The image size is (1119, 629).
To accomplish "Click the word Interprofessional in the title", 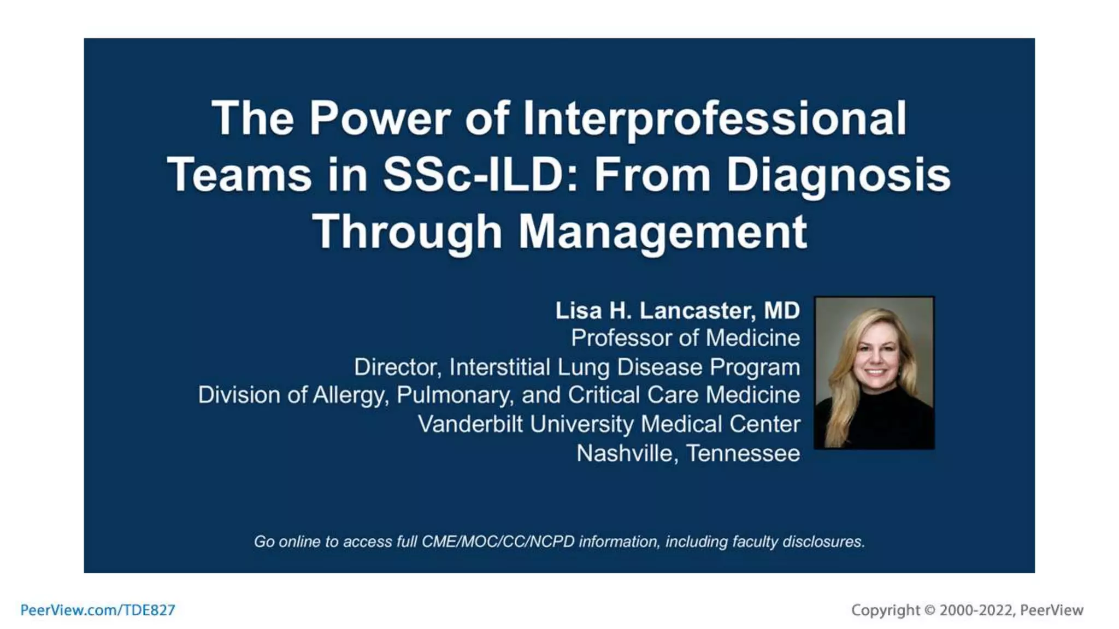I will point(715,118).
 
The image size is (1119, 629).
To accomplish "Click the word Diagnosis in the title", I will point(838,175).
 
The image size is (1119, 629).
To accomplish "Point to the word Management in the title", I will point(662,232).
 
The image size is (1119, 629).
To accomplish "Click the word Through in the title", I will point(407,232).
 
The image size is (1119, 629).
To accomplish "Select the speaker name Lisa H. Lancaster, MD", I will point(678,311).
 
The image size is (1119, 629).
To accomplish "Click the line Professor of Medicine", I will point(685,338).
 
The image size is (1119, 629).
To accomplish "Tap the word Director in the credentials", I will point(397,367).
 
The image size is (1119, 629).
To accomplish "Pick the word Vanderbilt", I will point(470,424).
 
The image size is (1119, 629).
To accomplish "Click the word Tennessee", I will point(743,454).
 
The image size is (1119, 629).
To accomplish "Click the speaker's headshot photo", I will point(874,373).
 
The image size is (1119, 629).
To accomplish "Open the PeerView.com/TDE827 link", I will point(98,610).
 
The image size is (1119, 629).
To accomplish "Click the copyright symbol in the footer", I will point(929,610).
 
